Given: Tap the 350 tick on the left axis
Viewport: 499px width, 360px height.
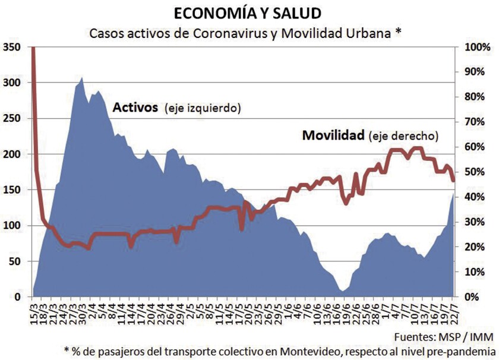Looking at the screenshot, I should [x=11, y=47].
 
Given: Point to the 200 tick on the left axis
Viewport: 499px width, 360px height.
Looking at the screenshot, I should [x=11, y=154].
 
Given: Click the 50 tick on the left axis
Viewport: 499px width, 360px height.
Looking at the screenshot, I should [x=14, y=261].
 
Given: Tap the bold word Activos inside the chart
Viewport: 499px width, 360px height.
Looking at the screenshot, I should [x=135, y=108].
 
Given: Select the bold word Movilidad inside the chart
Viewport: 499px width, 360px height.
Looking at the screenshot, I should [x=333, y=135].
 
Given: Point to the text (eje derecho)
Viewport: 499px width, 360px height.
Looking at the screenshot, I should [x=403, y=136].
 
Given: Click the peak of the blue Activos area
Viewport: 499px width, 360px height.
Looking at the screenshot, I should [x=81, y=77].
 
